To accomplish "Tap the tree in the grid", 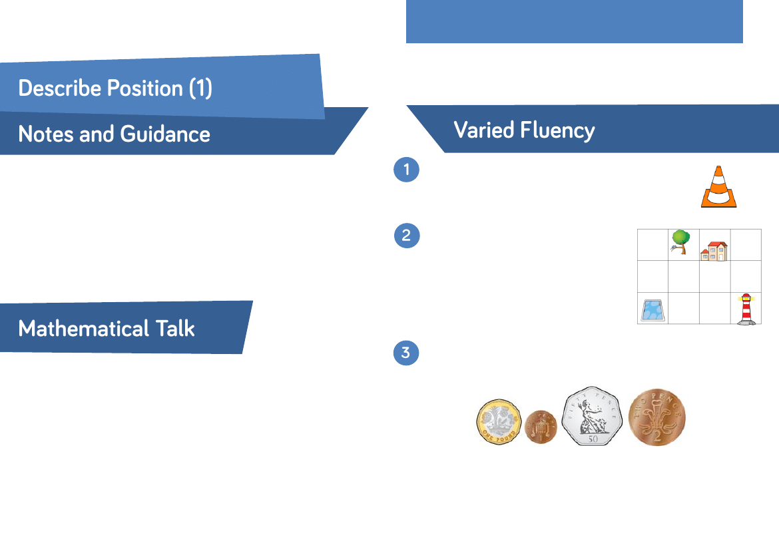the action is [x=680, y=241].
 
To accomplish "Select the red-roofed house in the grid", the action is [x=714, y=251].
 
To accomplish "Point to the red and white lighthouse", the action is [x=746, y=309].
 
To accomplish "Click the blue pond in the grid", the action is [x=652, y=311].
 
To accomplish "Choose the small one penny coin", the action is [x=541, y=427].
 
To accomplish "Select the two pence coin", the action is [x=657, y=417].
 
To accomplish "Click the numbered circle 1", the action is [x=406, y=170].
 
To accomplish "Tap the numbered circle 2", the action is [x=407, y=236].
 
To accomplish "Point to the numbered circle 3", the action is [x=406, y=352].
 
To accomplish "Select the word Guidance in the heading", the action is [x=165, y=134].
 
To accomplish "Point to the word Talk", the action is [x=176, y=329].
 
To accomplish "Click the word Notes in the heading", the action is [x=46, y=134].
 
